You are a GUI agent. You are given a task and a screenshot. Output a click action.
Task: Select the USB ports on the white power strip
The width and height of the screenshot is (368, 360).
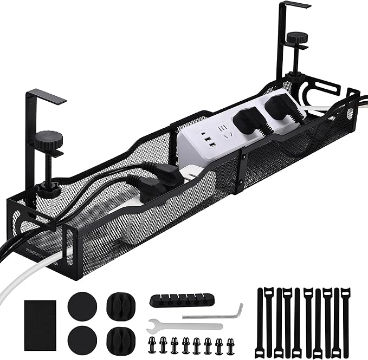tap(208, 142)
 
